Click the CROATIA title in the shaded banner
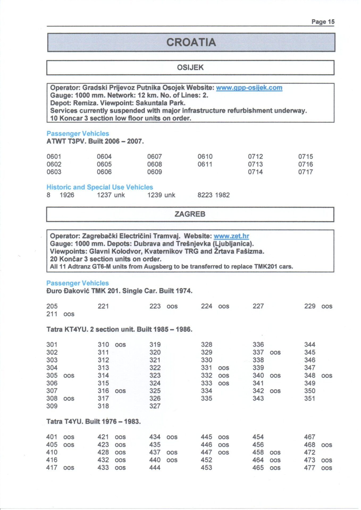tap(191, 42)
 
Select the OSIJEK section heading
tap(190, 67)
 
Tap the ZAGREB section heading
tap(190, 214)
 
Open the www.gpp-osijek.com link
tap(249, 88)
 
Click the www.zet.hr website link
tap(231, 236)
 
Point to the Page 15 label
tap(323, 22)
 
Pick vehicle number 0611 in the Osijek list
tap(205, 164)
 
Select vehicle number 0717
tap(305, 172)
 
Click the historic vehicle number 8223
tap(205, 195)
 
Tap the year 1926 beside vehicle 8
tap(67, 195)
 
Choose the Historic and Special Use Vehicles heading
tap(100, 187)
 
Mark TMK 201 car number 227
tap(258, 306)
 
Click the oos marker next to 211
tap(69, 314)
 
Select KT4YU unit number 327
tap(155, 406)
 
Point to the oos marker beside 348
tap(327, 376)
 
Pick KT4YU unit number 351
tap(310, 398)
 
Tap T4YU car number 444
tap(155, 467)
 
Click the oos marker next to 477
tap(327, 467)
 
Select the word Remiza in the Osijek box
tap(86, 103)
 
